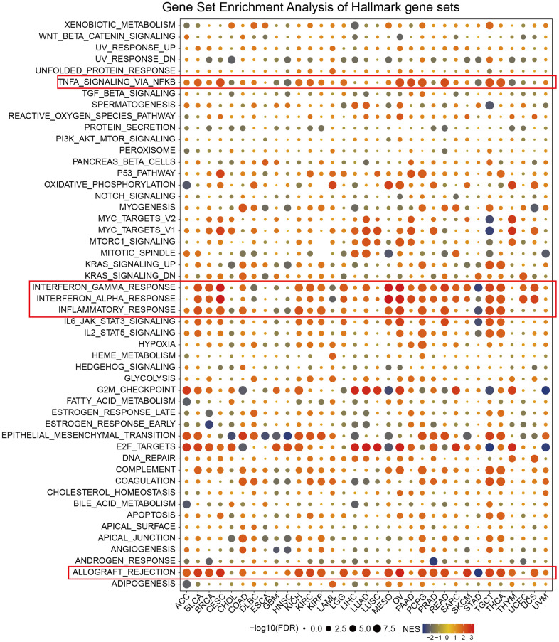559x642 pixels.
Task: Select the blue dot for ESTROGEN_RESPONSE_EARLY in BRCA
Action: (209, 424)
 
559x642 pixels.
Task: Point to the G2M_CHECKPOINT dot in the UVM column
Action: (545, 390)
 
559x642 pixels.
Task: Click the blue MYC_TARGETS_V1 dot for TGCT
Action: (489, 230)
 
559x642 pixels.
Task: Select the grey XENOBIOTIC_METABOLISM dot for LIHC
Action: (355, 26)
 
